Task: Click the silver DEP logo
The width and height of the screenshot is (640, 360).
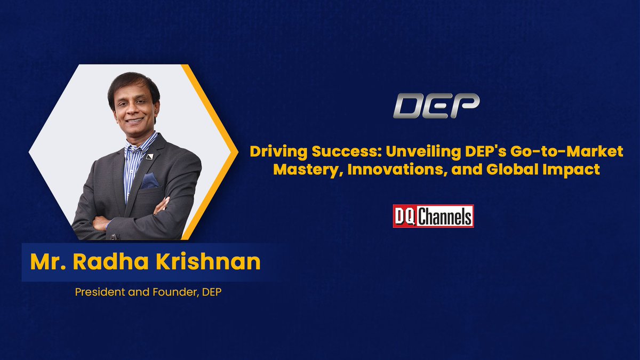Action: (436, 105)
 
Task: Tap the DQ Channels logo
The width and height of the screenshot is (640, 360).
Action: (433, 216)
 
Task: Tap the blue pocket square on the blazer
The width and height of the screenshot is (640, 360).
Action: (150, 180)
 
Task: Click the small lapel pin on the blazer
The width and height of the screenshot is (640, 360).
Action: (150, 156)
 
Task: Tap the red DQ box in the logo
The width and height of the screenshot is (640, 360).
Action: (404, 216)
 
